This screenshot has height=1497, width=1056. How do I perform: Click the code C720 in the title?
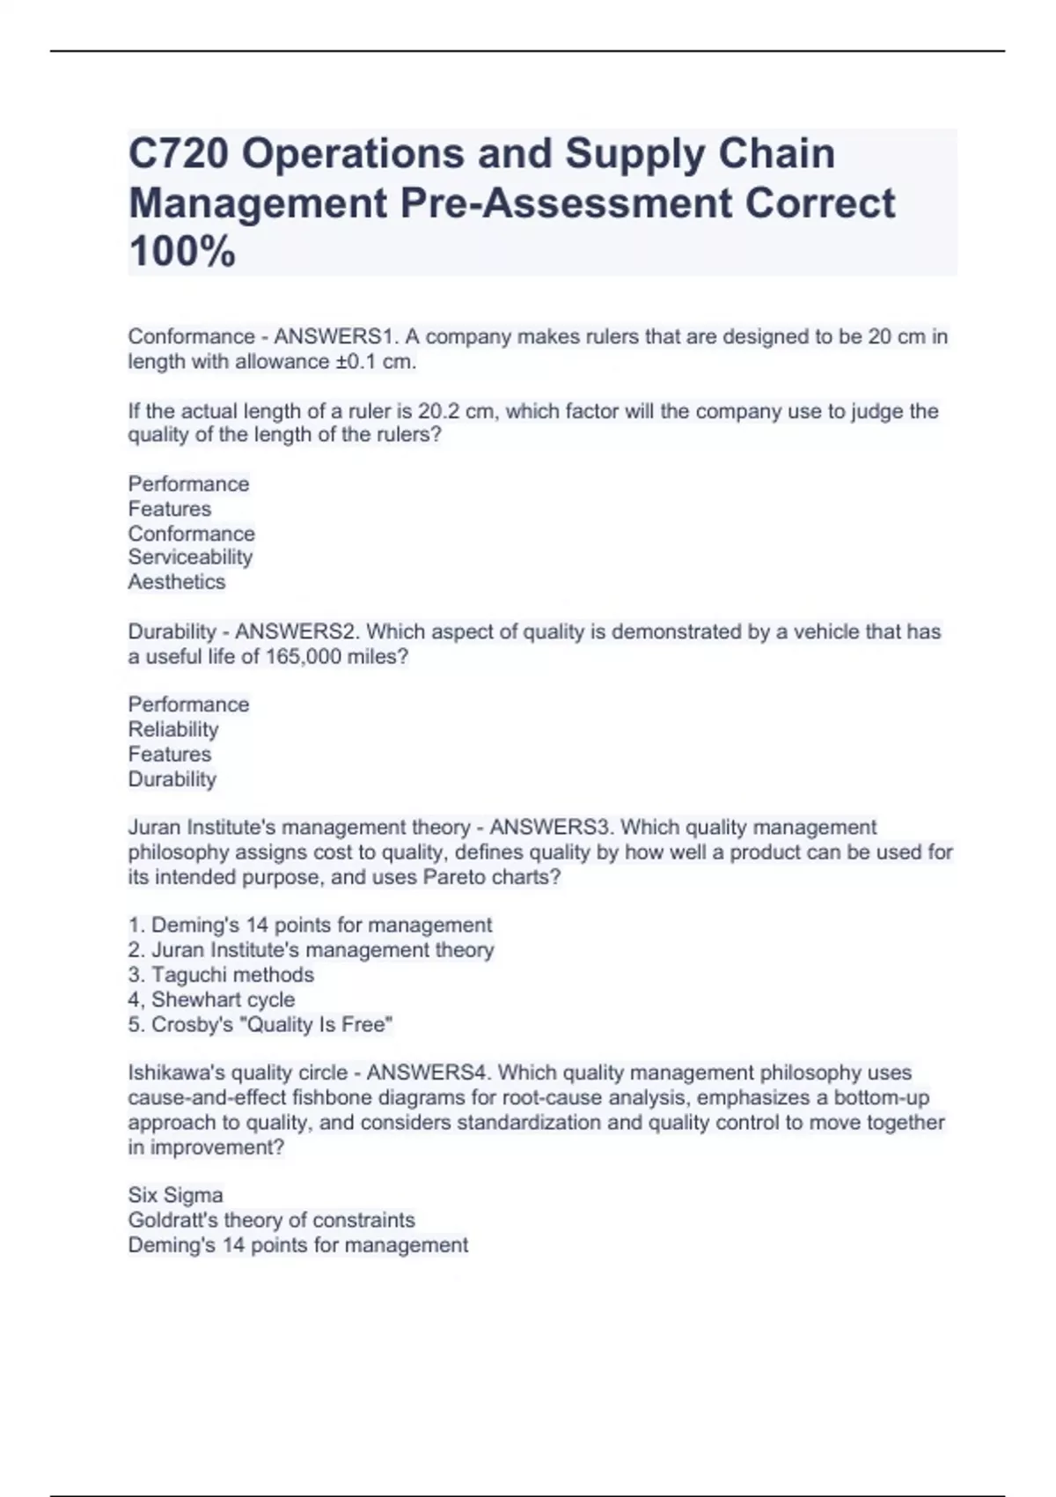pyautogui.click(x=179, y=153)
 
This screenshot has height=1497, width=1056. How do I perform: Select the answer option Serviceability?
pyautogui.click(x=190, y=557)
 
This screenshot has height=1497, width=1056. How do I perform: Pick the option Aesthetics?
pyautogui.click(x=177, y=581)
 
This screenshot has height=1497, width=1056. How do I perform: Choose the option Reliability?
pyautogui.click(x=173, y=729)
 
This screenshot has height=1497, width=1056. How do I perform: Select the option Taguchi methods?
pyautogui.click(x=232, y=975)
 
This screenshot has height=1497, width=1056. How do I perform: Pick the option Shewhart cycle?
pyautogui.click(x=223, y=999)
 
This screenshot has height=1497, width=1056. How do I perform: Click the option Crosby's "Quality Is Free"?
pyautogui.click(x=271, y=1024)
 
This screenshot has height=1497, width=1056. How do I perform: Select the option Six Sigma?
pyautogui.click(x=175, y=1195)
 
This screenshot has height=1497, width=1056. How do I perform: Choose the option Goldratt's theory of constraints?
pyautogui.click(x=271, y=1220)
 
